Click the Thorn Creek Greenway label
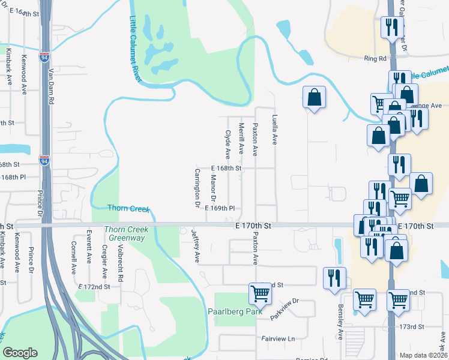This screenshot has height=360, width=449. coord(124,233)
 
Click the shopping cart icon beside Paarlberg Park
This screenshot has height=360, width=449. coord(260,293)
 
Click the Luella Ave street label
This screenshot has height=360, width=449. coord(275,130)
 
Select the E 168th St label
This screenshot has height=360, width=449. coord(226,169)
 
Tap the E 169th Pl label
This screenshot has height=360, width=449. coord(219,208)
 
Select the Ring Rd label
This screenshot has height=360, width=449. coord(375,59)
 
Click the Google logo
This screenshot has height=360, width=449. coord(20,353)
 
